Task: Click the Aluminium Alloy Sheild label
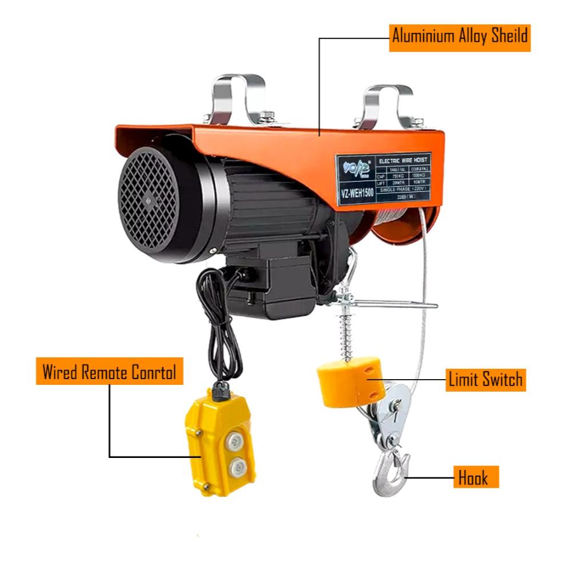pos(460,36)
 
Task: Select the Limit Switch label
pos(484,379)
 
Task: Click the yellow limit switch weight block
pos(349,381)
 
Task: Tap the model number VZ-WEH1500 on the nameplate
pos(356,192)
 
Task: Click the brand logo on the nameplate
pos(356,169)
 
